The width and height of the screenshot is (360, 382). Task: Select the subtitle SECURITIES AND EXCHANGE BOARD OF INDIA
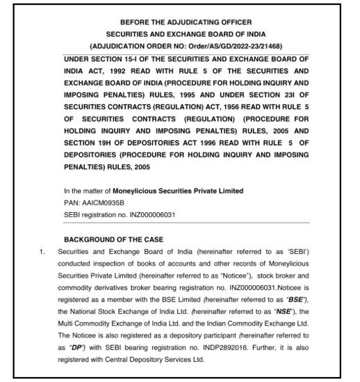click(x=180, y=33)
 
